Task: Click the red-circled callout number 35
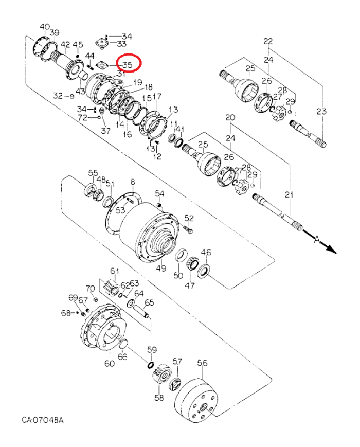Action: point(127,65)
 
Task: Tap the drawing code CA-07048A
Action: point(43,420)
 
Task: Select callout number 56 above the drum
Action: point(202,363)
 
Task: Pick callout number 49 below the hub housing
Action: point(161,269)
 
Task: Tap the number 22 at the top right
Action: point(268,41)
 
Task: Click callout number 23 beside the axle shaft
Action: point(321,111)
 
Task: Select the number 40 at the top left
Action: point(45,27)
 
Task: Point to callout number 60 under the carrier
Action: point(109,364)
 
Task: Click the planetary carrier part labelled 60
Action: point(105,329)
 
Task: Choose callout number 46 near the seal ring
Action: point(206,253)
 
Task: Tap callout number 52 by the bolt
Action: point(189,218)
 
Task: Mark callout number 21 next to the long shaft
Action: point(289,194)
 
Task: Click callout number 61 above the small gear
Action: point(114,271)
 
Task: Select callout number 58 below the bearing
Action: point(159,398)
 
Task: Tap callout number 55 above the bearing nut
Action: point(93,172)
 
